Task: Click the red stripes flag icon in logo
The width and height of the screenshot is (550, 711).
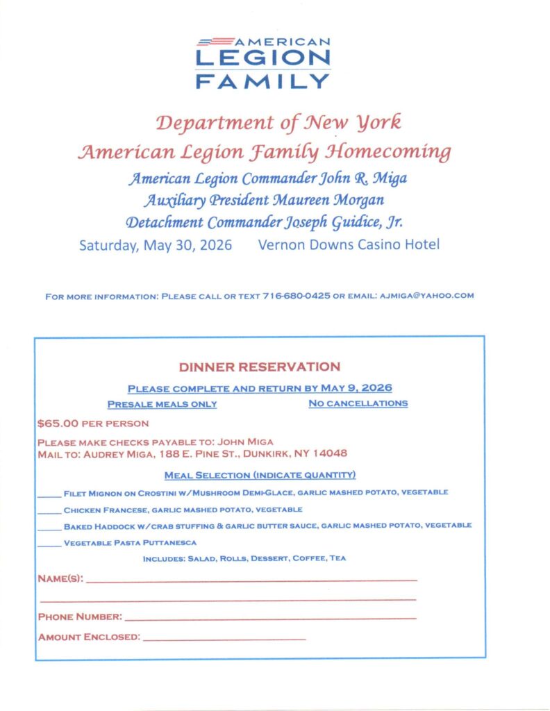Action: (x=216, y=42)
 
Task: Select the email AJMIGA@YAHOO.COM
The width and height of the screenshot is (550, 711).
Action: (x=425, y=296)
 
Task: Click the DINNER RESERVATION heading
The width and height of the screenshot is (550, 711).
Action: (x=259, y=367)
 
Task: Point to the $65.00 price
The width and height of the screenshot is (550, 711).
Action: (x=57, y=422)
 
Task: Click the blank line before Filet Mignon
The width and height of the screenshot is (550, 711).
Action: (x=49, y=494)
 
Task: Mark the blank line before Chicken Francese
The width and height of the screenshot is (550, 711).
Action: (x=49, y=510)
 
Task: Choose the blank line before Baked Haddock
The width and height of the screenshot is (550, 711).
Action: (x=49, y=527)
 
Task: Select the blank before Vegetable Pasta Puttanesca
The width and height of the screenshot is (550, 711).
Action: (x=49, y=544)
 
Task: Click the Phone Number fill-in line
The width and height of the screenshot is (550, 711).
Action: (x=271, y=617)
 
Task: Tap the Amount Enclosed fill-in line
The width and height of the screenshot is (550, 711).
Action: (x=224, y=637)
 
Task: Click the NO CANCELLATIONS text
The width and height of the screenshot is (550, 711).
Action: (x=358, y=403)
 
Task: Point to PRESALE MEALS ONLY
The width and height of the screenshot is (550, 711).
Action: (x=162, y=404)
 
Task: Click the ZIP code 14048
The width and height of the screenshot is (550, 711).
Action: (x=329, y=453)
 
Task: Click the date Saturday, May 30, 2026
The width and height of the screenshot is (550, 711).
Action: (x=156, y=245)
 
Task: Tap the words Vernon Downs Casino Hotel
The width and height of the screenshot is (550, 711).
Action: (x=348, y=245)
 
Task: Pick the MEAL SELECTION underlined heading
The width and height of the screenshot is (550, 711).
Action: (x=260, y=475)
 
